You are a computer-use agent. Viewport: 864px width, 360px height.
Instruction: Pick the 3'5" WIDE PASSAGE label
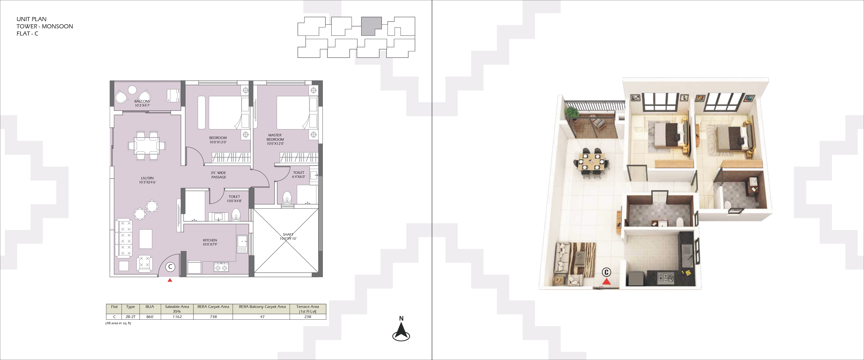tap(219, 175)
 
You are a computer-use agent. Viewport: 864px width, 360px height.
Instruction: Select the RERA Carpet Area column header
tap(213, 307)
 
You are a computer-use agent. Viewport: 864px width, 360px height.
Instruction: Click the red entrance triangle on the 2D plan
tap(170, 280)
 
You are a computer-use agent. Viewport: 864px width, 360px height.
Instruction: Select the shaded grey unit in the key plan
tap(371, 26)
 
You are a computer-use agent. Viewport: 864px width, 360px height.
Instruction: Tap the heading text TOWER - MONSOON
tap(45, 26)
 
